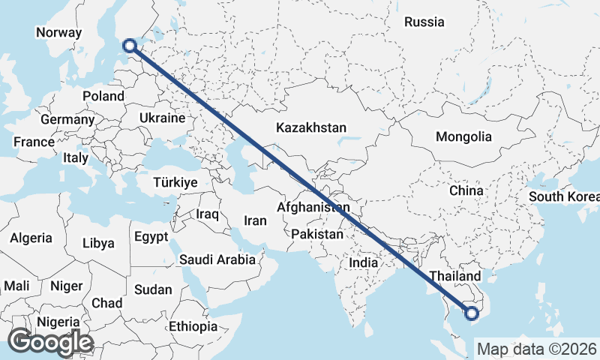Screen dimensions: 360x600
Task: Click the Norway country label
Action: [58, 32]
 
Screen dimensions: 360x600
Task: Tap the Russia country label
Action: [424, 22]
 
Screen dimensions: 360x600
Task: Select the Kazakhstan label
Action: [310, 127]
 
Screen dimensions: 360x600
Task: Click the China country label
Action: [466, 190]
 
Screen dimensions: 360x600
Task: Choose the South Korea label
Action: [563, 196]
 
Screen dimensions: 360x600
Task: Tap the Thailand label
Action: [454, 276]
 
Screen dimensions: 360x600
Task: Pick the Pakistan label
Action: [317, 234]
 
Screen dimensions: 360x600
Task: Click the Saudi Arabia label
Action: [217, 259]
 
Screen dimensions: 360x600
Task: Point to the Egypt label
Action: [151, 237]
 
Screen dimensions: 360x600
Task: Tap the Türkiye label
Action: [175, 182]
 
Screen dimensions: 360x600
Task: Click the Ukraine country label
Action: [162, 118]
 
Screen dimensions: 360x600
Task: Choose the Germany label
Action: [67, 119]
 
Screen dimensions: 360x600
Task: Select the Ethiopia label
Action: [192, 326]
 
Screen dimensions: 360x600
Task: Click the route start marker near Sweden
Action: [130, 46]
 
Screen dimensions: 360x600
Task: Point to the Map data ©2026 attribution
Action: [536, 349]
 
